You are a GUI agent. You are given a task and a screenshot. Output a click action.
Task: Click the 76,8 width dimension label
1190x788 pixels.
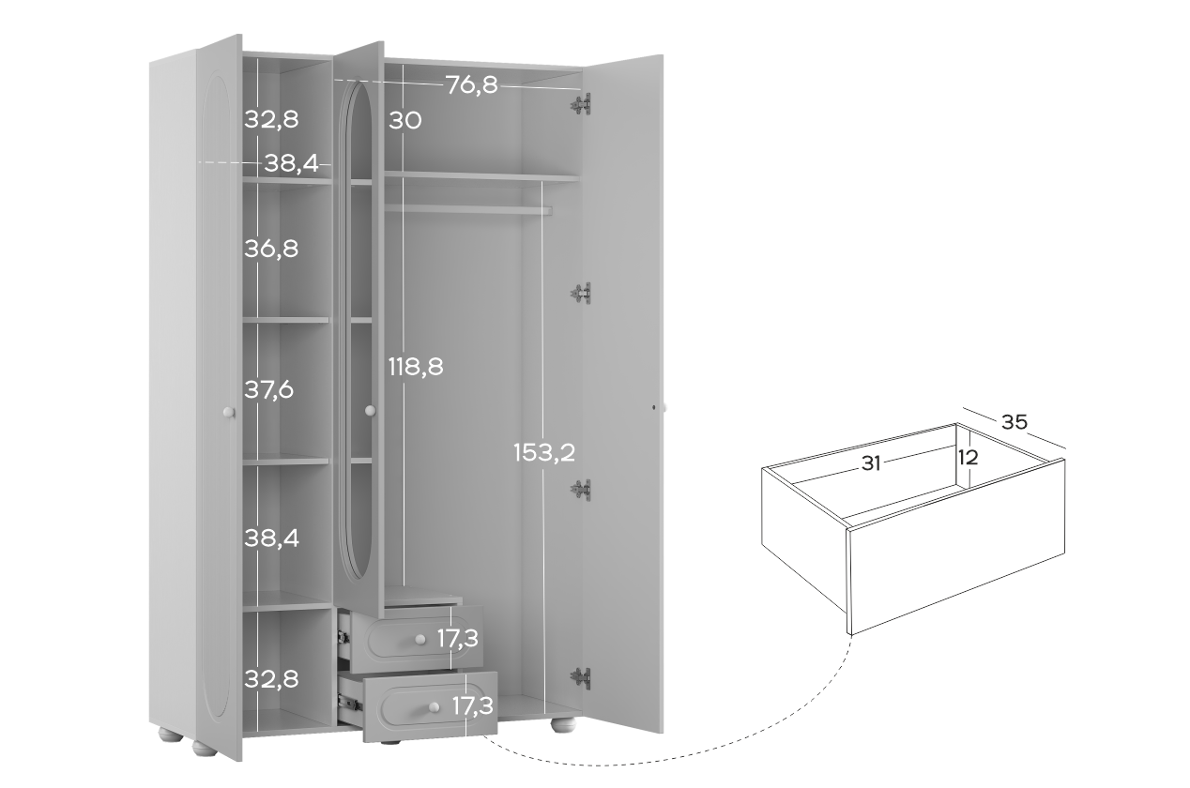click(x=472, y=85)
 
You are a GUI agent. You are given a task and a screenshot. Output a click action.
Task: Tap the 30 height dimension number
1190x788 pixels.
click(x=404, y=120)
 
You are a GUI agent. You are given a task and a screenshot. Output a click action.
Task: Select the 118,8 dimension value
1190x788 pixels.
click(x=416, y=367)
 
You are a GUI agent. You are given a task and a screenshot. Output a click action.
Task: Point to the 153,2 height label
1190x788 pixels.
click(x=544, y=452)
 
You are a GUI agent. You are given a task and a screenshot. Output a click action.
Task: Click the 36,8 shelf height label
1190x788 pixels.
click(x=271, y=249)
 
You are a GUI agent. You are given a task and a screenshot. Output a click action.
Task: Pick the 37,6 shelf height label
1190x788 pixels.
click(x=268, y=390)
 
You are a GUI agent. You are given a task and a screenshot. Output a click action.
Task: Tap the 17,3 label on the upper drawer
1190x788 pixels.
click(x=457, y=638)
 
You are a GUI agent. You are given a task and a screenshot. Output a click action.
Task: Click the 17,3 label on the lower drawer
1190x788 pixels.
click(x=472, y=705)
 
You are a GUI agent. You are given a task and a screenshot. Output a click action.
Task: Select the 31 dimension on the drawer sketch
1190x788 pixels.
click(x=871, y=463)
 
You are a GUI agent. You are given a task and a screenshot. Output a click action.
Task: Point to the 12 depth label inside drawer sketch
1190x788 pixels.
click(x=968, y=457)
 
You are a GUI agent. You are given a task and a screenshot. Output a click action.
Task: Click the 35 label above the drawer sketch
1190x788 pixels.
click(x=1015, y=422)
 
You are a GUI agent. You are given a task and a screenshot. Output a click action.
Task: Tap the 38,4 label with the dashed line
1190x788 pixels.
click(x=292, y=163)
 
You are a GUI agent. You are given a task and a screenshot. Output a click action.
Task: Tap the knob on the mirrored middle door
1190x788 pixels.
click(x=370, y=410)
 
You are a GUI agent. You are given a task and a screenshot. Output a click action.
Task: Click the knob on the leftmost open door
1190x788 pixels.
click(x=229, y=412)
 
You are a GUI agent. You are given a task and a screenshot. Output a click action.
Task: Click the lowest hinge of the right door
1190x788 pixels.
click(x=581, y=678)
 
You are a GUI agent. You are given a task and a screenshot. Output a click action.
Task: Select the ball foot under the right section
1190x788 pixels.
click(x=563, y=725)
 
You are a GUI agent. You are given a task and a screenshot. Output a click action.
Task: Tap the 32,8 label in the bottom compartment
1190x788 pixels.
click(x=271, y=679)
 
